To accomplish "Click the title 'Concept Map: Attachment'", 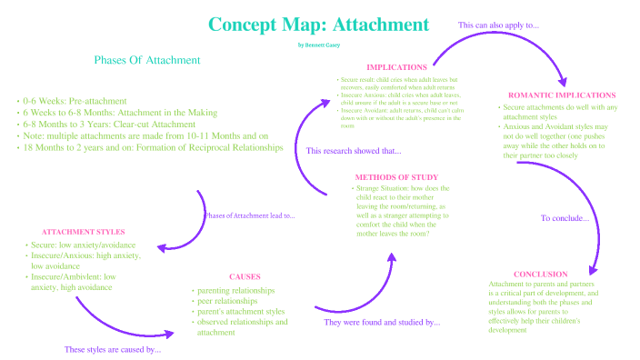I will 319,25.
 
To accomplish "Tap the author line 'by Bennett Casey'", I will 319,44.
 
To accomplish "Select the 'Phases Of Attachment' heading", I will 147,60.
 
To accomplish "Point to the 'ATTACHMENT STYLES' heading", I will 84,232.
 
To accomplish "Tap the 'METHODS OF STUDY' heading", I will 395,176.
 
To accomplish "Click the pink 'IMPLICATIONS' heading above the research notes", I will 396,67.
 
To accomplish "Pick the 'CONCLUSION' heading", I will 541,274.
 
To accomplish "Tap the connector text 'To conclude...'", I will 565,218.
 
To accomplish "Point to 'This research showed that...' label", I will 354,151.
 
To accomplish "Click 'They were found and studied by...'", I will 382,322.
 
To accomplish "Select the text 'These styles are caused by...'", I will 113,349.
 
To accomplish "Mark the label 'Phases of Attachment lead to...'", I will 249,215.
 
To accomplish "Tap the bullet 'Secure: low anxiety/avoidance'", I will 83,246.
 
